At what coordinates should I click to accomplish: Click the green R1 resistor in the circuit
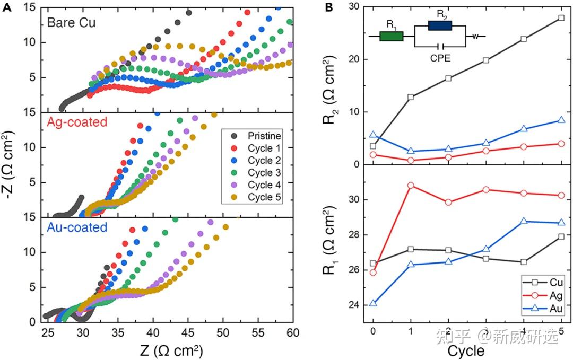[392, 36]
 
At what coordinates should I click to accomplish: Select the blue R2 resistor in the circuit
[440, 25]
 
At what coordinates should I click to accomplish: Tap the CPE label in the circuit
[440, 58]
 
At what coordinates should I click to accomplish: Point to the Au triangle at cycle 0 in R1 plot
[373, 303]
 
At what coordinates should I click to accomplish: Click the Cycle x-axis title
[466, 351]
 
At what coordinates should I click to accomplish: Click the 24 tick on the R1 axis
[358, 305]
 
